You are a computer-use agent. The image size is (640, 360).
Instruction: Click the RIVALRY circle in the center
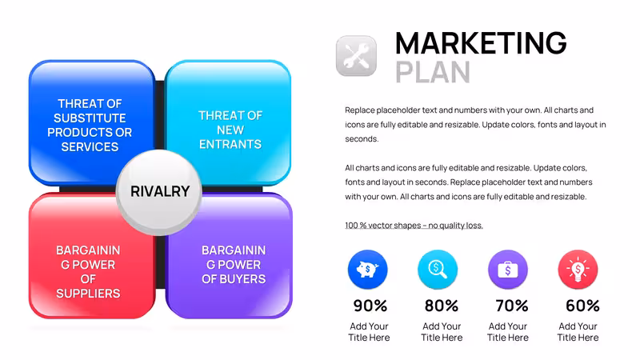(x=159, y=192)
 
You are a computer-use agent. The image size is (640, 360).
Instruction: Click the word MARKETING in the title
(x=481, y=43)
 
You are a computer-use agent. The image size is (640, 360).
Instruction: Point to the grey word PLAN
(x=433, y=72)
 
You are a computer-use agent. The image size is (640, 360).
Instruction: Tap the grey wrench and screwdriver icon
(x=356, y=56)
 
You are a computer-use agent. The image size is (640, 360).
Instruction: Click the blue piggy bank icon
(x=368, y=270)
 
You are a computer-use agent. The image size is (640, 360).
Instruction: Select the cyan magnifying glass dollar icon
(x=438, y=270)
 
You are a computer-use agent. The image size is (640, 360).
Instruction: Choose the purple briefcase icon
(x=508, y=270)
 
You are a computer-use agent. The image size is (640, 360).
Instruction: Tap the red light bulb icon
(x=578, y=270)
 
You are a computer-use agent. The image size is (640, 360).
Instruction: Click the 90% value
(x=370, y=306)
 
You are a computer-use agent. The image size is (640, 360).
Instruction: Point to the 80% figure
(x=442, y=306)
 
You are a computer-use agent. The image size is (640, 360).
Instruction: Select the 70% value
(x=512, y=306)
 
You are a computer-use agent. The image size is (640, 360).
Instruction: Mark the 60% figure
(x=582, y=306)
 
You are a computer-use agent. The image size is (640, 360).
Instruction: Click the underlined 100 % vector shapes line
(x=414, y=226)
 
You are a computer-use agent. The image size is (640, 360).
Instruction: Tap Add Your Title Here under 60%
(x=578, y=332)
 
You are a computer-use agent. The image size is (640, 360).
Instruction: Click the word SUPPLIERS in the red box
(x=88, y=294)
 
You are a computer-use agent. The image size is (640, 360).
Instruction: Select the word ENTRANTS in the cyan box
(x=230, y=144)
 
